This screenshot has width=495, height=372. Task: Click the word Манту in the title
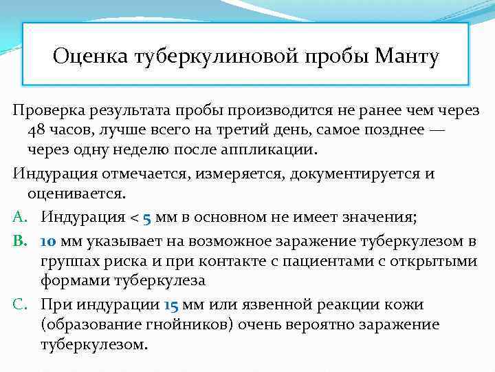pyautogui.click(x=406, y=55)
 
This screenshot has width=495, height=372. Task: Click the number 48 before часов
pyautogui.click(x=38, y=130)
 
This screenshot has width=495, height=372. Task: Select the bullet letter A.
pyautogui.click(x=19, y=217)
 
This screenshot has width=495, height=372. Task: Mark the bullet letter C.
pyautogui.click(x=19, y=304)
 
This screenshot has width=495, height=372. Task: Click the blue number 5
pyautogui.click(x=146, y=217)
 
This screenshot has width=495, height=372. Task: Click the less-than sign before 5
pyautogui.click(x=134, y=217)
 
